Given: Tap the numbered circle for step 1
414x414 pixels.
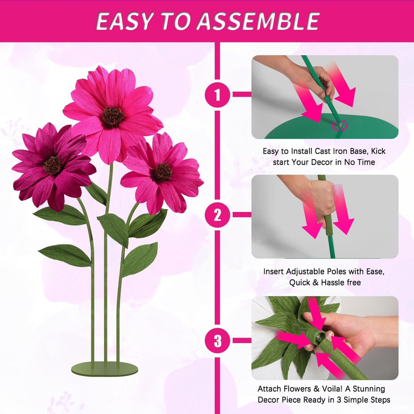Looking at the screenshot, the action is point(217,95).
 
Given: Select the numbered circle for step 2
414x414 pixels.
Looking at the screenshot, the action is point(217,215).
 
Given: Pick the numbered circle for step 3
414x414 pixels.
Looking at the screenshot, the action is point(217,341).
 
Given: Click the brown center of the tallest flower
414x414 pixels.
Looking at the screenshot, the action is point(113,116).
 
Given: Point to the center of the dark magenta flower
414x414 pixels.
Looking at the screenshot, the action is point(52,165).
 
